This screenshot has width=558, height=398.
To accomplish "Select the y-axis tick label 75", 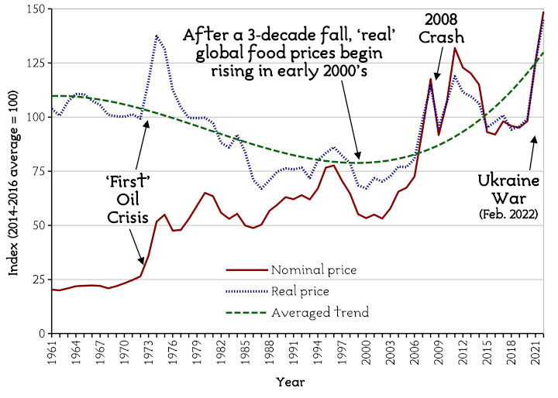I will click(37, 171).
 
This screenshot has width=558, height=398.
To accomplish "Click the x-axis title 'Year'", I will click(291, 382).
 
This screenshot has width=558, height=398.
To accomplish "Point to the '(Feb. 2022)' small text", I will click(508, 213).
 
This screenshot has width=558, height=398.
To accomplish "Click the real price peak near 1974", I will click(157, 36).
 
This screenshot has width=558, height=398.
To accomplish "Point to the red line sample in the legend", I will click(246, 270).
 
